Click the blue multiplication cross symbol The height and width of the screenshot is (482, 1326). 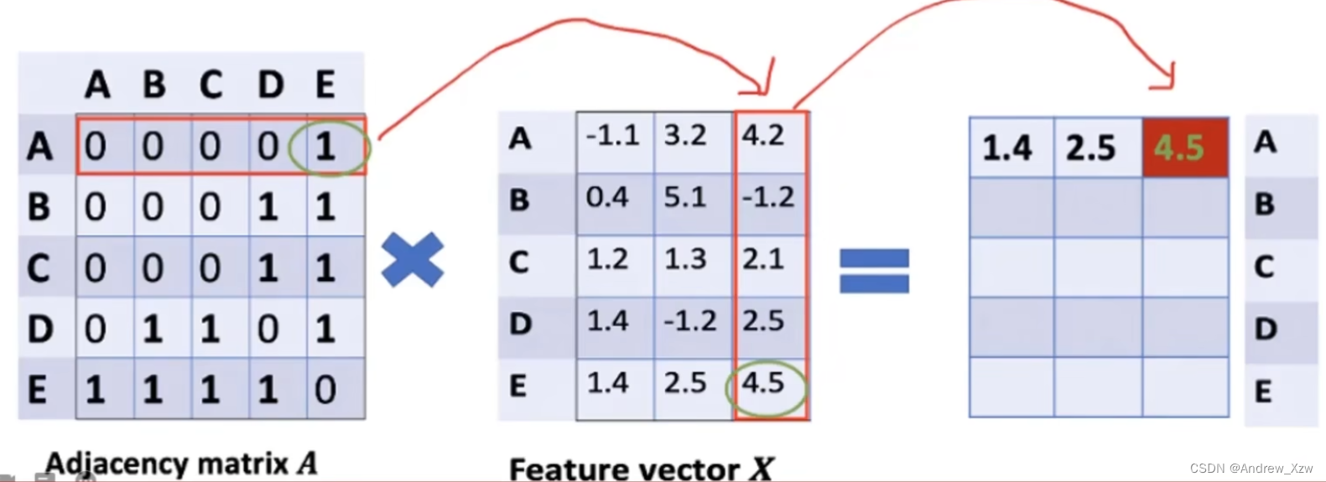click(412, 260)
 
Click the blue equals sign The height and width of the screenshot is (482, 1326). click(874, 271)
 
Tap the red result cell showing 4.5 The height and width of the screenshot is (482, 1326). click(1184, 148)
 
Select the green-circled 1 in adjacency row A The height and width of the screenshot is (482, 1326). click(325, 148)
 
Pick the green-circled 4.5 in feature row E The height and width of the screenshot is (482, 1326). click(763, 383)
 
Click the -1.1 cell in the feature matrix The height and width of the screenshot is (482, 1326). click(612, 136)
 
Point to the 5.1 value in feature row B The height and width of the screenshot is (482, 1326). click(685, 198)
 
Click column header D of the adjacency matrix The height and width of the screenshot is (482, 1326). click(270, 85)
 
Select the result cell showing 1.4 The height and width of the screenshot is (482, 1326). click(1006, 148)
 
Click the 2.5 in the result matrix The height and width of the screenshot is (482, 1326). click(1090, 148)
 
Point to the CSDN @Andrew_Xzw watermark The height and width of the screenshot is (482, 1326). click(1251, 468)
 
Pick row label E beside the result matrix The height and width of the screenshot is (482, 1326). click(1263, 391)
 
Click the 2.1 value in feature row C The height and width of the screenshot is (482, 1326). click(762, 259)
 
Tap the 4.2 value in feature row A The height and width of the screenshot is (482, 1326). click(762, 136)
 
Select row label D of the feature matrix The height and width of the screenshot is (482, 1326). click(520, 324)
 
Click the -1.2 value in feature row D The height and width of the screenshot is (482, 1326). click(689, 321)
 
